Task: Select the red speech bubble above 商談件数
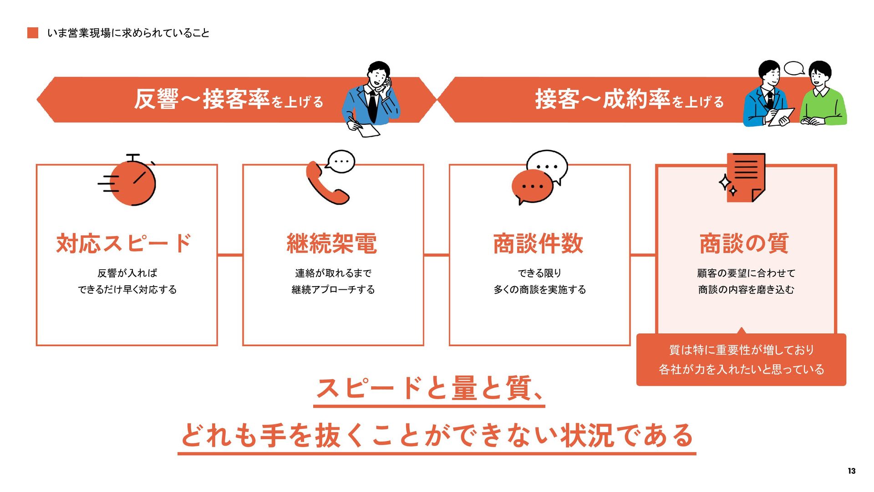(x=532, y=187)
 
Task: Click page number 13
(x=851, y=471)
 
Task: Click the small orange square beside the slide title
(x=33, y=33)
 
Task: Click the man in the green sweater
(x=822, y=98)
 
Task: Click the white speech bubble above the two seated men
(x=794, y=68)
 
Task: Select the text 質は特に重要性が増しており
(x=741, y=350)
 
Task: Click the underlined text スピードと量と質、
(x=429, y=389)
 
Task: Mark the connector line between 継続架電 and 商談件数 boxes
(x=436, y=255)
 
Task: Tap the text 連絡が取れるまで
(x=333, y=273)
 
